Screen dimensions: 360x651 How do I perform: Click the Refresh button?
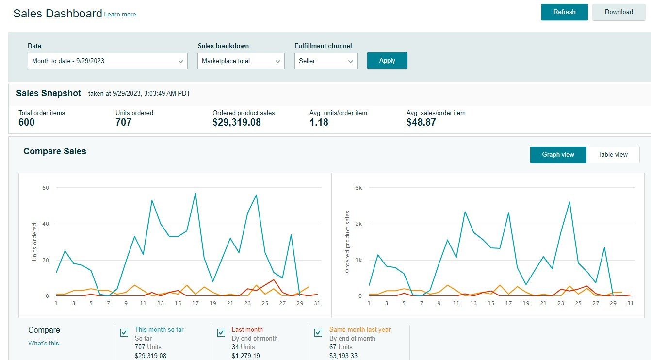click(564, 12)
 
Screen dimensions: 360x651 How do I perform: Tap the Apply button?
click(387, 61)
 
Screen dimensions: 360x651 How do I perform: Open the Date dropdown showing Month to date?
click(107, 61)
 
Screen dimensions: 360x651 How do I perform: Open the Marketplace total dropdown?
click(241, 61)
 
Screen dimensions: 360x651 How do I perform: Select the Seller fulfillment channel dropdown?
click(325, 61)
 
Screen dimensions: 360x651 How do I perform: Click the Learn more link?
click(120, 15)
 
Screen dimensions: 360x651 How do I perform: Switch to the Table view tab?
click(613, 155)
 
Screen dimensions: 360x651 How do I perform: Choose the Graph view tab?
click(558, 155)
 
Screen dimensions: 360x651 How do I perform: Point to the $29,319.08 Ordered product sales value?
click(237, 122)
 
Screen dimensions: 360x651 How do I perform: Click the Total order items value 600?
click(27, 122)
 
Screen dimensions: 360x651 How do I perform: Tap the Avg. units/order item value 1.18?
click(319, 122)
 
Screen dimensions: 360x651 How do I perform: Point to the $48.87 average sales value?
click(421, 122)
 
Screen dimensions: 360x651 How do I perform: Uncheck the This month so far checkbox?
click(124, 332)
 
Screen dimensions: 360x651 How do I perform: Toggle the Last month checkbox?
click(221, 332)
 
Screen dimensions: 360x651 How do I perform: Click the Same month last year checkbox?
click(318, 332)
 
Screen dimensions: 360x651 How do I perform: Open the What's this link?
click(44, 343)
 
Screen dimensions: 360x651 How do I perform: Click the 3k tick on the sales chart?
click(359, 188)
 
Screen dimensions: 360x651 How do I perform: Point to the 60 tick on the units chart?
click(46, 188)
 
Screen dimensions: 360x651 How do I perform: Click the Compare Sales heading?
click(55, 151)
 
